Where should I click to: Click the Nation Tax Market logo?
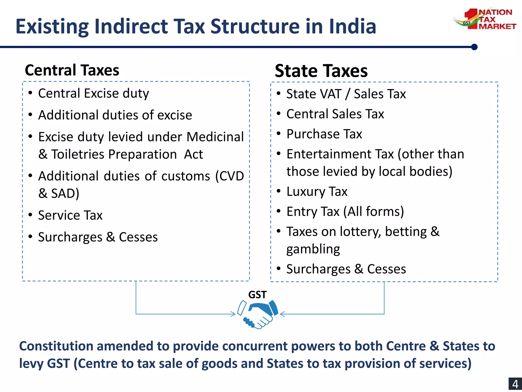click(484, 19)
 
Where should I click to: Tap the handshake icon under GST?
click(257, 314)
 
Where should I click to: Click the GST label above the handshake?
click(257, 295)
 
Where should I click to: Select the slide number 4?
click(515, 384)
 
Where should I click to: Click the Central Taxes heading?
click(72, 70)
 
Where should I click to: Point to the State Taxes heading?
click(321, 71)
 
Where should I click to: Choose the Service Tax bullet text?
click(70, 215)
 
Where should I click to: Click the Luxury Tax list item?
click(317, 191)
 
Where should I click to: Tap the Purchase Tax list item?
click(324, 134)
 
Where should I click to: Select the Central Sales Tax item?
click(335, 114)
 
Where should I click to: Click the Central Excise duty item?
click(94, 93)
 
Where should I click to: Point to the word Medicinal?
click(215, 137)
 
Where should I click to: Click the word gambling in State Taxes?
click(313, 249)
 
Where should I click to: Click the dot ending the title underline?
click(474, 47)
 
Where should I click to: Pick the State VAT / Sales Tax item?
click(346, 94)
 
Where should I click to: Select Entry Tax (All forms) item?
click(345, 212)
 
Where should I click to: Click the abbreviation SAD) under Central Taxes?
click(65, 193)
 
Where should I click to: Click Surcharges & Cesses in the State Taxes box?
click(346, 269)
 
